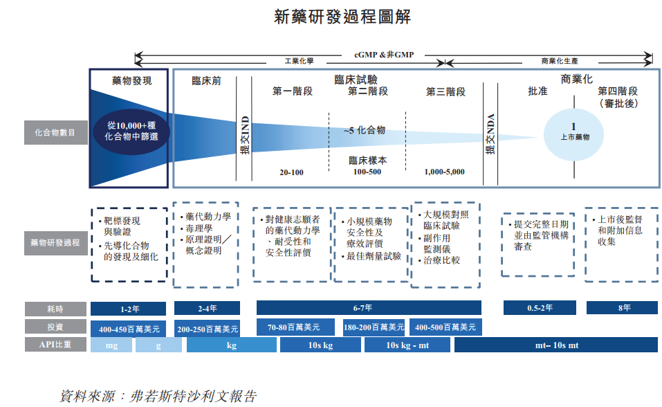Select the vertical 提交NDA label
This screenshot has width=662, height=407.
[x=490, y=134]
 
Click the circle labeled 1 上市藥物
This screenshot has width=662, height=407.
[x=574, y=131]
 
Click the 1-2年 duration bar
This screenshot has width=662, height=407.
[x=129, y=309]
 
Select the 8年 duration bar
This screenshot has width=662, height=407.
[x=621, y=308]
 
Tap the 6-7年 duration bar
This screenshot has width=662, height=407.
[x=369, y=308]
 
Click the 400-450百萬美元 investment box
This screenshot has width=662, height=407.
[x=129, y=328]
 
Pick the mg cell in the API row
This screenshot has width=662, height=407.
[x=111, y=345]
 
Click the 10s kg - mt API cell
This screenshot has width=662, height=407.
[x=407, y=345]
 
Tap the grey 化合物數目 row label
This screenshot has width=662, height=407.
[x=55, y=132]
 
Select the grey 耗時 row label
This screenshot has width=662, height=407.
[x=55, y=309]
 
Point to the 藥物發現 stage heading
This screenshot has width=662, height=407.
[x=131, y=81]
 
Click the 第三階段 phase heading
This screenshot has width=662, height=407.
[x=445, y=91]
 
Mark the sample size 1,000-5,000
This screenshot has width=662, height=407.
[x=445, y=172]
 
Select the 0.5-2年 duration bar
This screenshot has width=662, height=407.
[x=538, y=308]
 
